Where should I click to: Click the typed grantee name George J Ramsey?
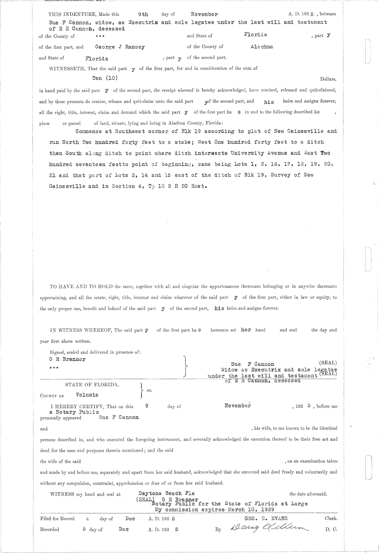(120, 47)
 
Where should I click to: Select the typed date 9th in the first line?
(143, 14)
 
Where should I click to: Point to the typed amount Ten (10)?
(105, 78)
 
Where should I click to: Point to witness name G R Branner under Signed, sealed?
(67, 359)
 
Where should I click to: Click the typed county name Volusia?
(87, 395)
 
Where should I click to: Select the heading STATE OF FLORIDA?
(92, 384)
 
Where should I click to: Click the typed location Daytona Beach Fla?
(167, 493)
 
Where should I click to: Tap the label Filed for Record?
(57, 518)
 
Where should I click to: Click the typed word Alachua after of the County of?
(262, 47)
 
